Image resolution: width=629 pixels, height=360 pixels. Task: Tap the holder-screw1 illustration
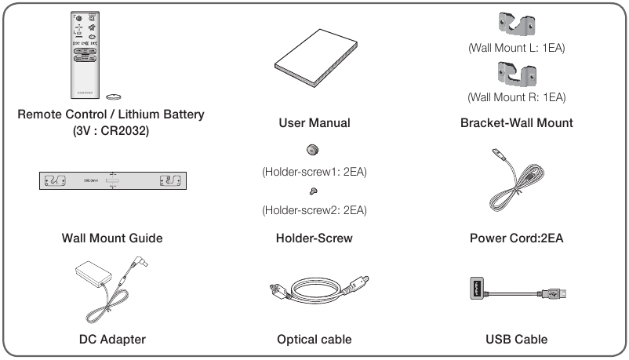click(313, 149)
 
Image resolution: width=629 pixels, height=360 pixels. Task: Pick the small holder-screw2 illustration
click(313, 191)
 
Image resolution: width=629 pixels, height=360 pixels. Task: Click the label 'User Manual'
click(314, 123)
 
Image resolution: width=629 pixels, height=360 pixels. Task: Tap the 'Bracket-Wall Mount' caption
click(516, 123)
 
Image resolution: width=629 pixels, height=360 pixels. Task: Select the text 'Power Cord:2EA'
click(516, 238)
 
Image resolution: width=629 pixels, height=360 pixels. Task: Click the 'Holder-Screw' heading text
click(314, 238)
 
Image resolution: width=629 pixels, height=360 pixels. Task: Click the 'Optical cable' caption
click(314, 340)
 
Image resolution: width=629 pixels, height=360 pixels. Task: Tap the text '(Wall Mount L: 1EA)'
click(516, 49)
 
